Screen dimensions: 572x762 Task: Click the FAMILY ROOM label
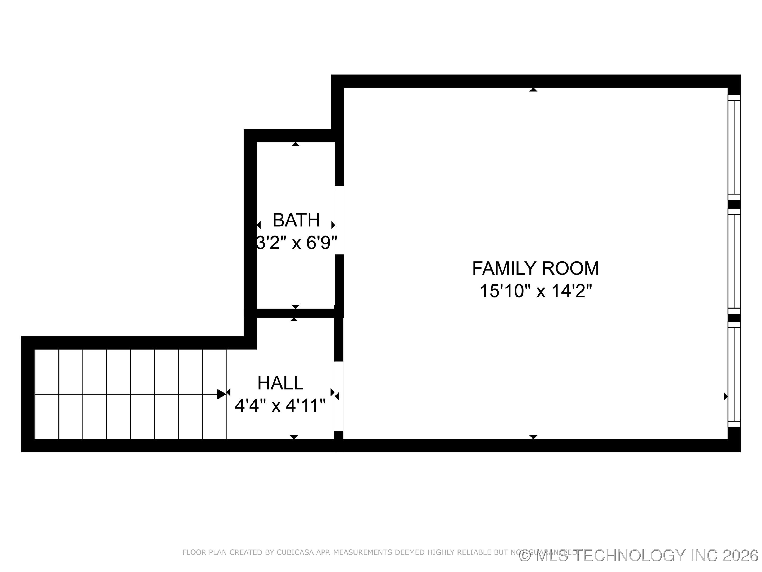click(535, 269)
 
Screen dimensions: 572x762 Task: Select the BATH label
click(296, 220)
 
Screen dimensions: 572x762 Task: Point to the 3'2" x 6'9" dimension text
click(296, 243)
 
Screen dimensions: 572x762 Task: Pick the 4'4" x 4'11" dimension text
click(280, 405)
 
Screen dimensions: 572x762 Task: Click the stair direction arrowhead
click(221, 394)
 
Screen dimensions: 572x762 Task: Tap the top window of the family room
click(734, 147)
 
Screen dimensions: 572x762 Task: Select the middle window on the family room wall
click(734, 261)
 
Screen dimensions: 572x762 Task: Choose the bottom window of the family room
click(734, 374)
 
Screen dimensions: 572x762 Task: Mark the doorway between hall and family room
click(339, 396)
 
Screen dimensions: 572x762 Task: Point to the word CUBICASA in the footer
click(295, 552)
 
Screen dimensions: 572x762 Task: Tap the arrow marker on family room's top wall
click(533, 90)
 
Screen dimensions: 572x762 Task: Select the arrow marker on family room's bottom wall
click(533, 437)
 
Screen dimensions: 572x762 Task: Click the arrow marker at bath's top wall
click(296, 144)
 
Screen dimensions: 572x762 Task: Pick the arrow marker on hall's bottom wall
click(294, 437)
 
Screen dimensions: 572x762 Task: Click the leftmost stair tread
click(47, 394)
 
